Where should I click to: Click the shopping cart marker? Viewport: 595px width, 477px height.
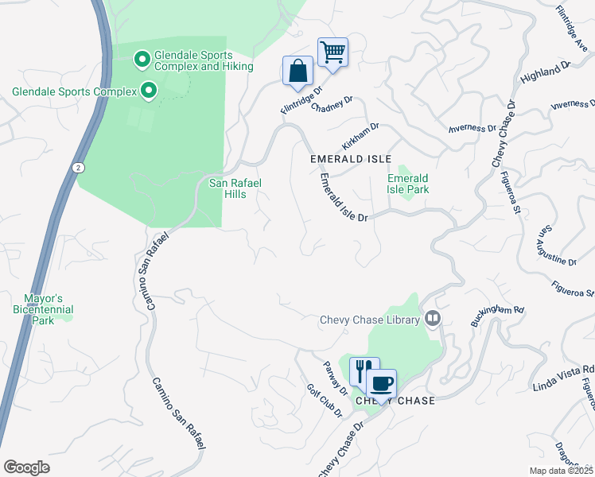click(332, 53)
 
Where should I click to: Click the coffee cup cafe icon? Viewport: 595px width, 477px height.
click(382, 384)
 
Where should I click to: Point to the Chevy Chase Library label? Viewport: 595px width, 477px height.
click(369, 320)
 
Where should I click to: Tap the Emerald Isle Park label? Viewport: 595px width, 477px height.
click(408, 184)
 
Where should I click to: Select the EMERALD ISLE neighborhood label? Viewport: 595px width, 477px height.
click(351, 159)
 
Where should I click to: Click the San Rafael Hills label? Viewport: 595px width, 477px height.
click(235, 188)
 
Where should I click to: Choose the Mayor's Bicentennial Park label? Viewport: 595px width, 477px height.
click(49, 309)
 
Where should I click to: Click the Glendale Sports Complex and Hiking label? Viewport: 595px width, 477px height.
click(193, 61)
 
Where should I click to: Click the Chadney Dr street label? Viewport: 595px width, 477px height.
click(331, 106)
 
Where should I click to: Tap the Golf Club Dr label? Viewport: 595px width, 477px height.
click(324, 401)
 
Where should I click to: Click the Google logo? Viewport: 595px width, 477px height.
click(26, 467)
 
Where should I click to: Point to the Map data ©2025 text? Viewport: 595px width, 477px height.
click(561, 471)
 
